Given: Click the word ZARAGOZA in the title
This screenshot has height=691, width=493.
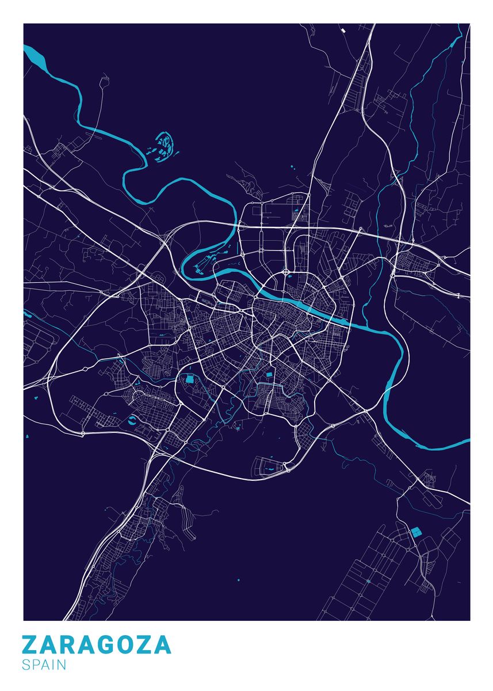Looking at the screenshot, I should pos(97,644).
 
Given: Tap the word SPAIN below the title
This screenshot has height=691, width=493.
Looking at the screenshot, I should pos(44,665).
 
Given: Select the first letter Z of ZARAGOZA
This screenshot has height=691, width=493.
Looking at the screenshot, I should pos(31,644).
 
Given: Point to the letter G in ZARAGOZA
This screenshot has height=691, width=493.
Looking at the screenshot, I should pos(108,644).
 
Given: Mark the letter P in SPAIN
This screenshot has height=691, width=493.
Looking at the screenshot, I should pos(35,665).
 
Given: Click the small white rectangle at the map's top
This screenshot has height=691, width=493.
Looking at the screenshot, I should pos(343,30).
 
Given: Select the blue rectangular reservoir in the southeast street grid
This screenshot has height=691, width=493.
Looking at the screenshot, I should pos(415,531).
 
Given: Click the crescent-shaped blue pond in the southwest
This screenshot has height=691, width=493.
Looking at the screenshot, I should pos(133,420).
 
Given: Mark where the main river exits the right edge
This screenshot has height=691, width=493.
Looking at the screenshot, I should pos(467,442).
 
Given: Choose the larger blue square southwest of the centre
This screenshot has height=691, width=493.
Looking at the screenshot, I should pos(190,378).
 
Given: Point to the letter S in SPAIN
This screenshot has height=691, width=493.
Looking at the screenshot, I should pos(26,665).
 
